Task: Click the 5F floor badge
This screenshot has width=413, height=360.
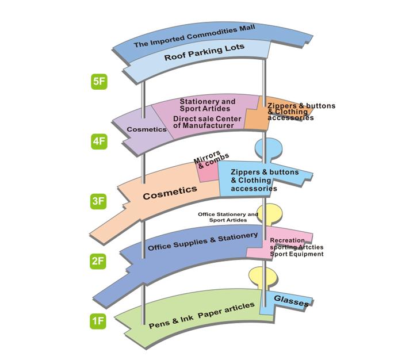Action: click(99, 81)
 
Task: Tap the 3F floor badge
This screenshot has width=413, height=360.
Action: click(99, 201)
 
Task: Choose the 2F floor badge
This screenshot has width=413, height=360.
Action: click(99, 261)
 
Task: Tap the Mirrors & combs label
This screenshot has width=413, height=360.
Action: click(210, 158)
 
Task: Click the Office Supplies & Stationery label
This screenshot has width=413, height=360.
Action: click(202, 242)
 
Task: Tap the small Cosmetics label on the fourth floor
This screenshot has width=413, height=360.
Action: click(146, 129)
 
